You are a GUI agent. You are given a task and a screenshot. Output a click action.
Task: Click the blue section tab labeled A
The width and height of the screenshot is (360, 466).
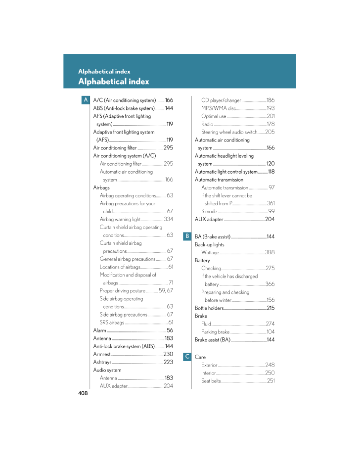(86, 100)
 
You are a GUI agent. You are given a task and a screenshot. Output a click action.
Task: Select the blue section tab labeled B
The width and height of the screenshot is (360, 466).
(187, 236)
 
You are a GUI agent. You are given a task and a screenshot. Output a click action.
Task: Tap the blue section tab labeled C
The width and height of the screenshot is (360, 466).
(187, 357)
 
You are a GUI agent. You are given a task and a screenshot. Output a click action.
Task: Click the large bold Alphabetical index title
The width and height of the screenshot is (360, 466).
(113, 81)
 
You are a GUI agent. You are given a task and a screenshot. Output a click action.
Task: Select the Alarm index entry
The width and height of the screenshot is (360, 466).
(99, 330)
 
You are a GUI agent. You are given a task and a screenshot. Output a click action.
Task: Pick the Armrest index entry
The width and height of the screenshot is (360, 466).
(102, 354)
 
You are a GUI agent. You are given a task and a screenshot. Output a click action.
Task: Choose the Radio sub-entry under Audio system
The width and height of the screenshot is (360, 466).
(207, 124)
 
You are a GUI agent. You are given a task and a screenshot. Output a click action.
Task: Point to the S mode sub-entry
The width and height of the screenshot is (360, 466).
(209, 211)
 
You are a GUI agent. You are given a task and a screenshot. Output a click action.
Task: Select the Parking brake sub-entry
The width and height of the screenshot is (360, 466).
(216, 332)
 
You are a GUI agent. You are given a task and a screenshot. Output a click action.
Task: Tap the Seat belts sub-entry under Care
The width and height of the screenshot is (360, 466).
(211, 380)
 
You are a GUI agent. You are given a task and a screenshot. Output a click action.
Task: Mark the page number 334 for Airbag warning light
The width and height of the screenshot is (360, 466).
(168, 219)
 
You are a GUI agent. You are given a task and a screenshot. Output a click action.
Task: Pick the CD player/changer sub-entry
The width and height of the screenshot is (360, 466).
(221, 100)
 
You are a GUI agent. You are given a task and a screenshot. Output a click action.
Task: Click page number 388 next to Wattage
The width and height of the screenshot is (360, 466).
(270, 252)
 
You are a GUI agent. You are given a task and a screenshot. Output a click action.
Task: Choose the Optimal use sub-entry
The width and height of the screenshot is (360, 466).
(214, 116)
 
